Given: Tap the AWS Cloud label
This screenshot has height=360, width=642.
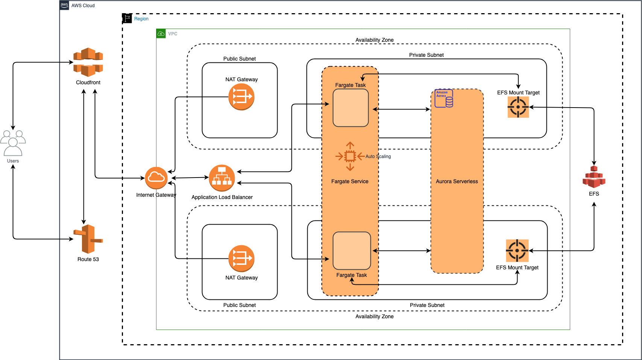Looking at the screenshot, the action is [x=83, y=6].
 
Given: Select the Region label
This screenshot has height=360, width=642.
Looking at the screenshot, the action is [x=141, y=19].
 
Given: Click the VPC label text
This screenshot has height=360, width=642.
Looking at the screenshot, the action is [x=173, y=34].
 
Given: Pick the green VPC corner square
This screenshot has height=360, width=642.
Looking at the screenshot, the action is [x=161, y=33].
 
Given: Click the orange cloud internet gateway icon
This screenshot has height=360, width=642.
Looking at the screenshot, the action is [x=156, y=178].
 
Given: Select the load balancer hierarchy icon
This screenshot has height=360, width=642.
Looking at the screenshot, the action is [x=222, y=178].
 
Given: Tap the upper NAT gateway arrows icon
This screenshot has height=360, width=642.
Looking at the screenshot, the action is [x=241, y=97].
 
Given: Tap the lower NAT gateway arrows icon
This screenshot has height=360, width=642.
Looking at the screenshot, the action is [x=241, y=258].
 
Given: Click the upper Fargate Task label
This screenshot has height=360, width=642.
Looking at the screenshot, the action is [x=350, y=85].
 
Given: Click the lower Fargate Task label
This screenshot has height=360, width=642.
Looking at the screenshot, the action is [x=351, y=275].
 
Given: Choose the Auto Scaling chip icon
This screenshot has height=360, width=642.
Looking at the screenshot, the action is [x=350, y=156].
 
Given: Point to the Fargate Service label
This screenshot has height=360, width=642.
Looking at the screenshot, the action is [x=350, y=181].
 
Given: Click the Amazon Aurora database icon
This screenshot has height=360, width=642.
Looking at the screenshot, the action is [x=444, y=99].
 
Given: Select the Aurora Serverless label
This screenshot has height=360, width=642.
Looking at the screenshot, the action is [x=457, y=181].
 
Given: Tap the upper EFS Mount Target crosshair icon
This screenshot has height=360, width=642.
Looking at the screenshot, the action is [x=518, y=107].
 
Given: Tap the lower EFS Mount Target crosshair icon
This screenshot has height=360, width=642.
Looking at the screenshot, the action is [x=517, y=251].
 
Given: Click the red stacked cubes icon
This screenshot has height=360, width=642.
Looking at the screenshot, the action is [x=594, y=177].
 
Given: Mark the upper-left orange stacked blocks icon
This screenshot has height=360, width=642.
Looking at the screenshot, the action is [x=88, y=62].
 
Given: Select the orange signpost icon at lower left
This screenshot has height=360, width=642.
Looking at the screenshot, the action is [x=88, y=239].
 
